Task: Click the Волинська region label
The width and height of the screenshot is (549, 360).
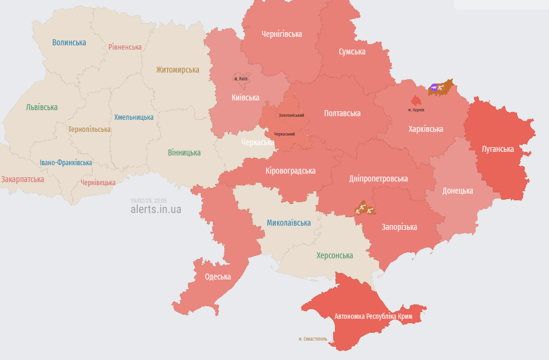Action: (x=69, y=43)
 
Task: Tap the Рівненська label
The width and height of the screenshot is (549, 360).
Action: (x=125, y=47)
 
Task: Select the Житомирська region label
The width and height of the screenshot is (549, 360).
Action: (x=177, y=70)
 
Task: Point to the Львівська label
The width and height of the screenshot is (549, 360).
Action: (x=42, y=107)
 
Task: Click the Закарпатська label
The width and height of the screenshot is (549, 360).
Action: (x=22, y=180)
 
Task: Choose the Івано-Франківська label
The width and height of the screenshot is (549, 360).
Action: (x=66, y=163)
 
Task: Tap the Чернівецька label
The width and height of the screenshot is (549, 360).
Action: (x=98, y=182)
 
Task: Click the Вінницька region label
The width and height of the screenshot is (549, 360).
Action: (x=184, y=152)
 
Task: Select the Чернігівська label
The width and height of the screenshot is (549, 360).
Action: (x=281, y=34)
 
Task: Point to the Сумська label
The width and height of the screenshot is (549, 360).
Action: (x=352, y=52)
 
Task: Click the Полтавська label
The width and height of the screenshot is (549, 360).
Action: (x=342, y=114)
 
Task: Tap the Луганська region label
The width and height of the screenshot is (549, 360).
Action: (x=498, y=149)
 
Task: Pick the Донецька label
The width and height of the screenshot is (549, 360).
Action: (x=458, y=191)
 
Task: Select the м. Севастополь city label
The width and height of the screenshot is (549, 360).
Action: (x=313, y=339)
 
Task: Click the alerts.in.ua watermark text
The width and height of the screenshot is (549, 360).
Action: (x=155, y=209)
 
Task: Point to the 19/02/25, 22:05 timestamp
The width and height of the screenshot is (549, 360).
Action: (x=149, y=200)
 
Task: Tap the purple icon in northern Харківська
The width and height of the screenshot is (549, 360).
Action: (x=434, y=88)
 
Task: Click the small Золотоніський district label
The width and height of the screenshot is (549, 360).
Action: (x=291, y=115)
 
